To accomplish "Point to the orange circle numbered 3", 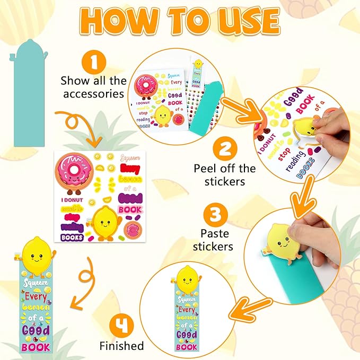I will click(x=215, y=215).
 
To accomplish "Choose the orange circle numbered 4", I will click(x=121, y=326).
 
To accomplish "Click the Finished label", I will click(x=121, y=346).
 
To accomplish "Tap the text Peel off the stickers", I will click(x=224, y=175).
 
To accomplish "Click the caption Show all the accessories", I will click(x=94, y=87).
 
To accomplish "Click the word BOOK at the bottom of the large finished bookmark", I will click(x=37, y=347).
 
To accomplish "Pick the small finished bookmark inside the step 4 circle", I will click(x=186, y=310).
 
